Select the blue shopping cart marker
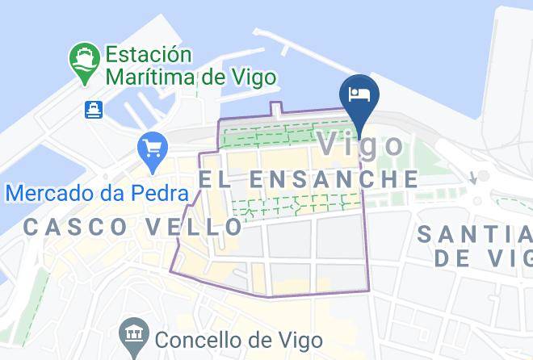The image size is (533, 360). [x=152, y=147]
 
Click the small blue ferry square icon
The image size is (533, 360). [x=94, y=109]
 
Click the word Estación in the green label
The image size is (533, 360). [x=147, y=56]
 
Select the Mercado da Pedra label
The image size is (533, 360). [x=97, y=194]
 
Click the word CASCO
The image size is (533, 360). [x=75, y=228]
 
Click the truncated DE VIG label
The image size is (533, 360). [x=483, y=258]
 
